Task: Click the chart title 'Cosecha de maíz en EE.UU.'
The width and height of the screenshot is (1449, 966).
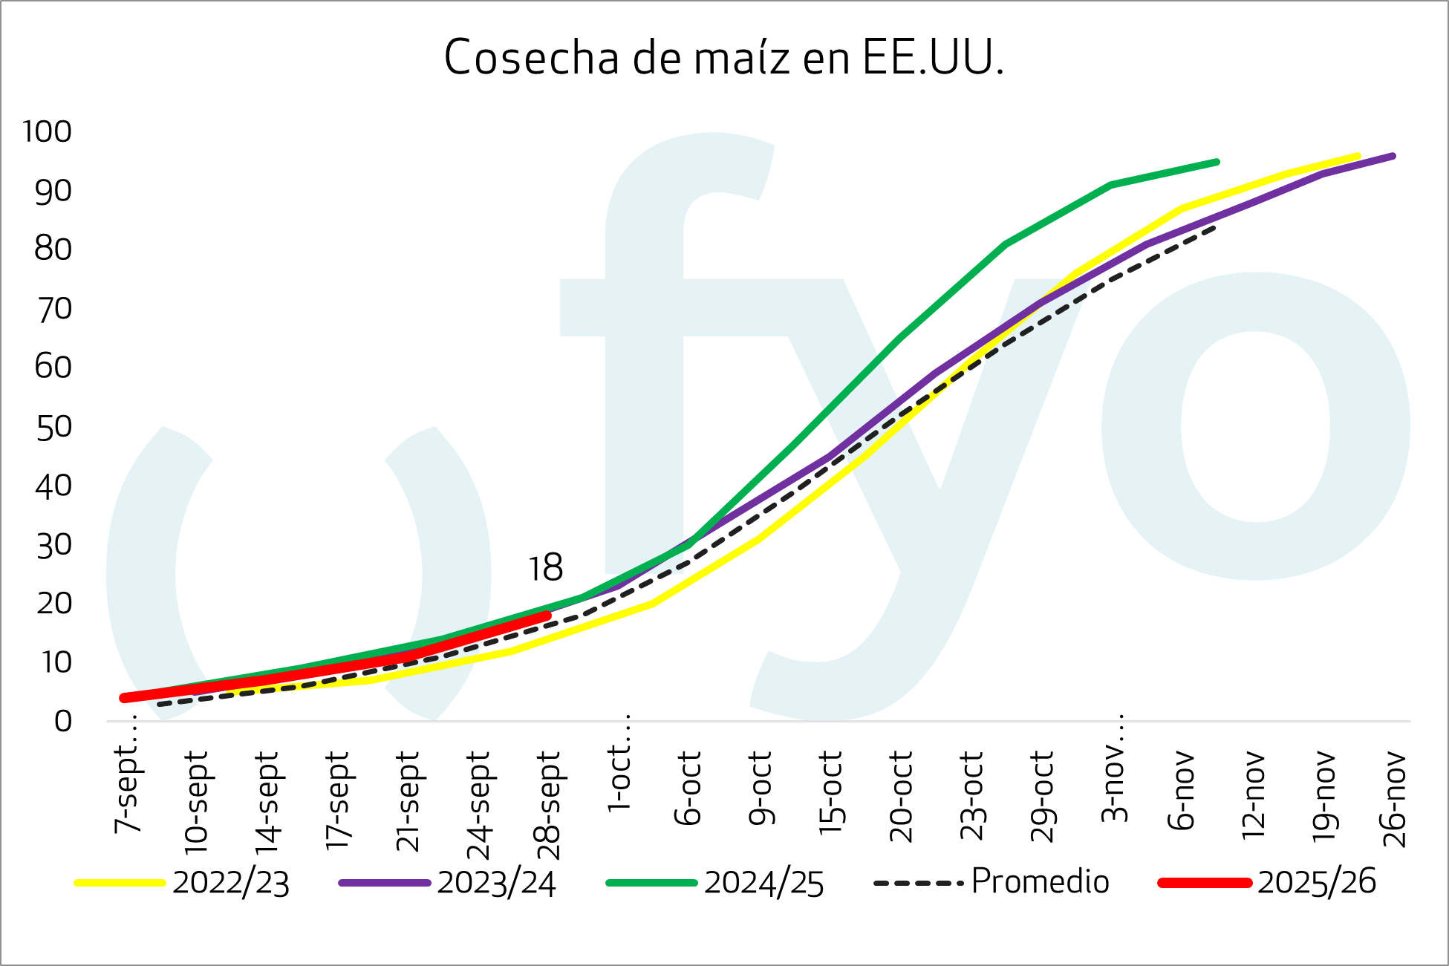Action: tap(723, 58)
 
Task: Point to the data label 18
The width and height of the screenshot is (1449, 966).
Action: tap(545, 569)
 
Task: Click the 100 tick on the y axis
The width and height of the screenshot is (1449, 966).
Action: tap(48, 132)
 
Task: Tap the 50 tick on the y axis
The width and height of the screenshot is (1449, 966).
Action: tap(53, 427)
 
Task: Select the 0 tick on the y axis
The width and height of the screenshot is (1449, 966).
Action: tap(63, 721)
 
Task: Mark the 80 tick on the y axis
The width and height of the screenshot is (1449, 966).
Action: tap(53, 249)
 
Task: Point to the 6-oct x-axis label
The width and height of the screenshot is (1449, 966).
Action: tap(688, 789)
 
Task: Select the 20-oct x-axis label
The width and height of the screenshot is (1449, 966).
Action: tap(900, 796)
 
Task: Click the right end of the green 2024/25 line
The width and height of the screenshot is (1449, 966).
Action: tap(1217, 161)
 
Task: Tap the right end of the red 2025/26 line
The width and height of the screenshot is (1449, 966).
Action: tap(547, 616)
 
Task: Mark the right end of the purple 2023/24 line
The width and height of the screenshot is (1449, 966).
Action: tap(1393, 156)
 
